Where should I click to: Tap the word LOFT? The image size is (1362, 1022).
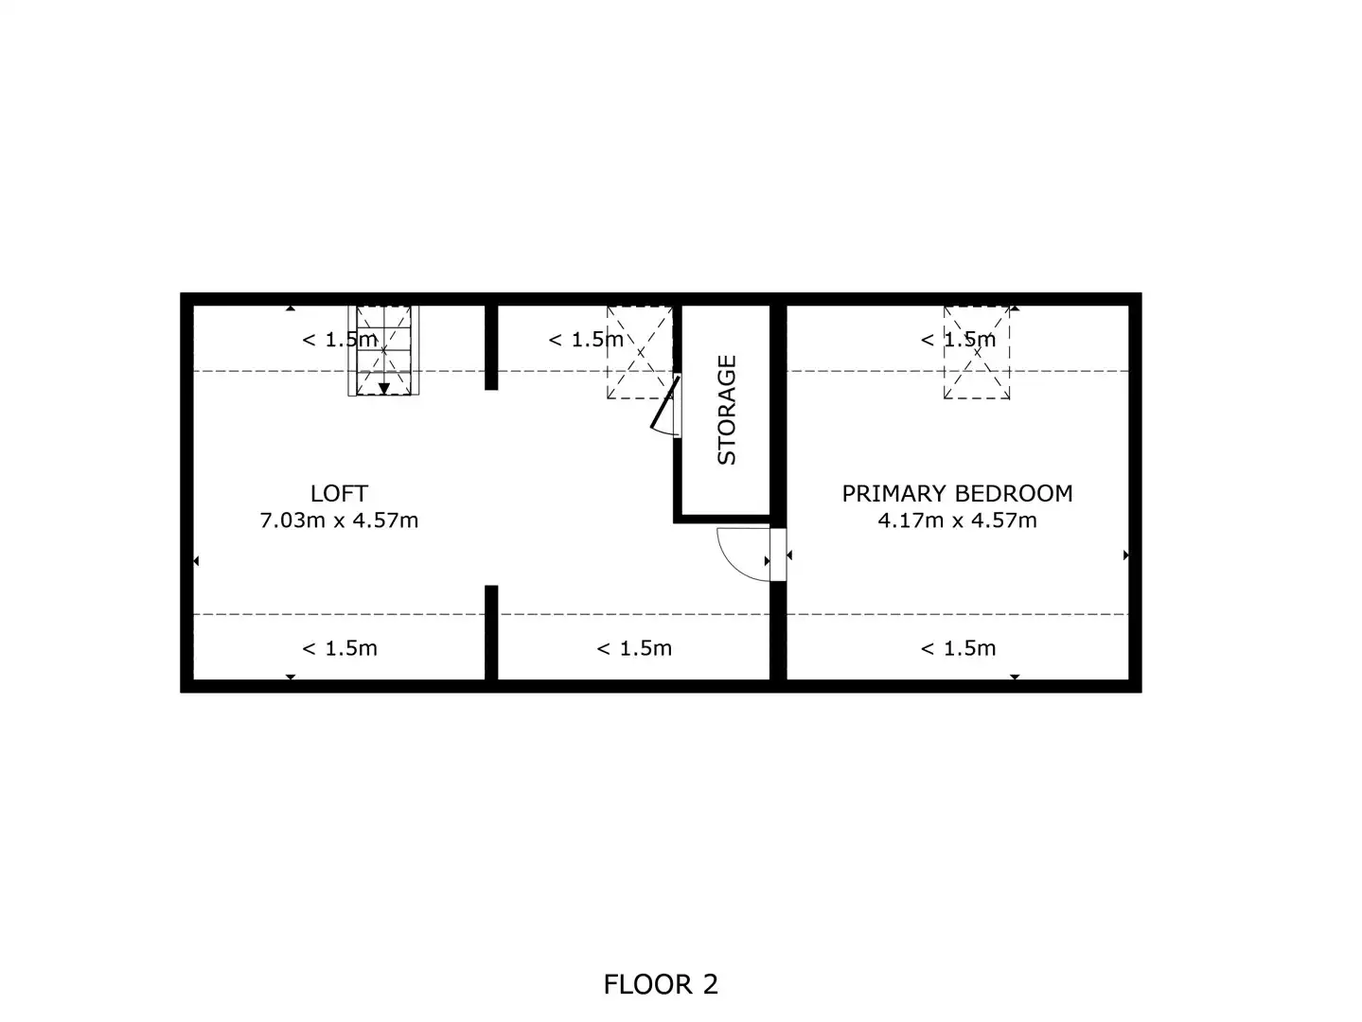point(339,494)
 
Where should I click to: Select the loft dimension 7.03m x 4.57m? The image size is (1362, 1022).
point(339,520)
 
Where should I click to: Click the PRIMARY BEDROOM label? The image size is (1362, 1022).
point(957,494)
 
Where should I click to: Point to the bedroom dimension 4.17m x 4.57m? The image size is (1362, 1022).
point(957,520)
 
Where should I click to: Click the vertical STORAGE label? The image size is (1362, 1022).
point(727,410)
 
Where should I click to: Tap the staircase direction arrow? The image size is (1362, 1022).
point(384,388)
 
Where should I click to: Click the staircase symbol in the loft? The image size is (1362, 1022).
point(383,350)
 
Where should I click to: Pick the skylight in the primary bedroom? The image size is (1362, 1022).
point(977,352)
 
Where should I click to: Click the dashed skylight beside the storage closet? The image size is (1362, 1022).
point(640,352)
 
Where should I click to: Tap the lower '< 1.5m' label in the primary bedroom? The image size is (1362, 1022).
point(958,648)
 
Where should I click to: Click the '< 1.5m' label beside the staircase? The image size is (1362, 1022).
point(340,340)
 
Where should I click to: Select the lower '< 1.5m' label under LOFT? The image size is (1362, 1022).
point(340,648)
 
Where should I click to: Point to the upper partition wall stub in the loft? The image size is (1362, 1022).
point(491,347)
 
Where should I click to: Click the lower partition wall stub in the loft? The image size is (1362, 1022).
point(491,632)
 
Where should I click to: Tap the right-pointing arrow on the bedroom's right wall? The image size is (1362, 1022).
point(1125,555)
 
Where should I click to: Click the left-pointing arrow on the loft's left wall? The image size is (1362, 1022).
point(196,561)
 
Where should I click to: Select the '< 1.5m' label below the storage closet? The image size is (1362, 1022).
point(634,648)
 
